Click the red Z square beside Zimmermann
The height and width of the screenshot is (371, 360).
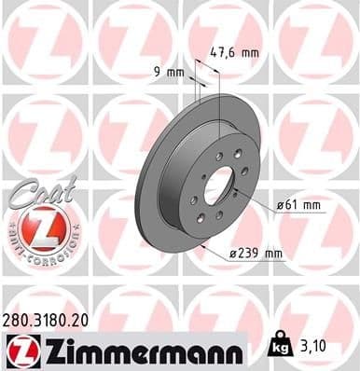[21, 350]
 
